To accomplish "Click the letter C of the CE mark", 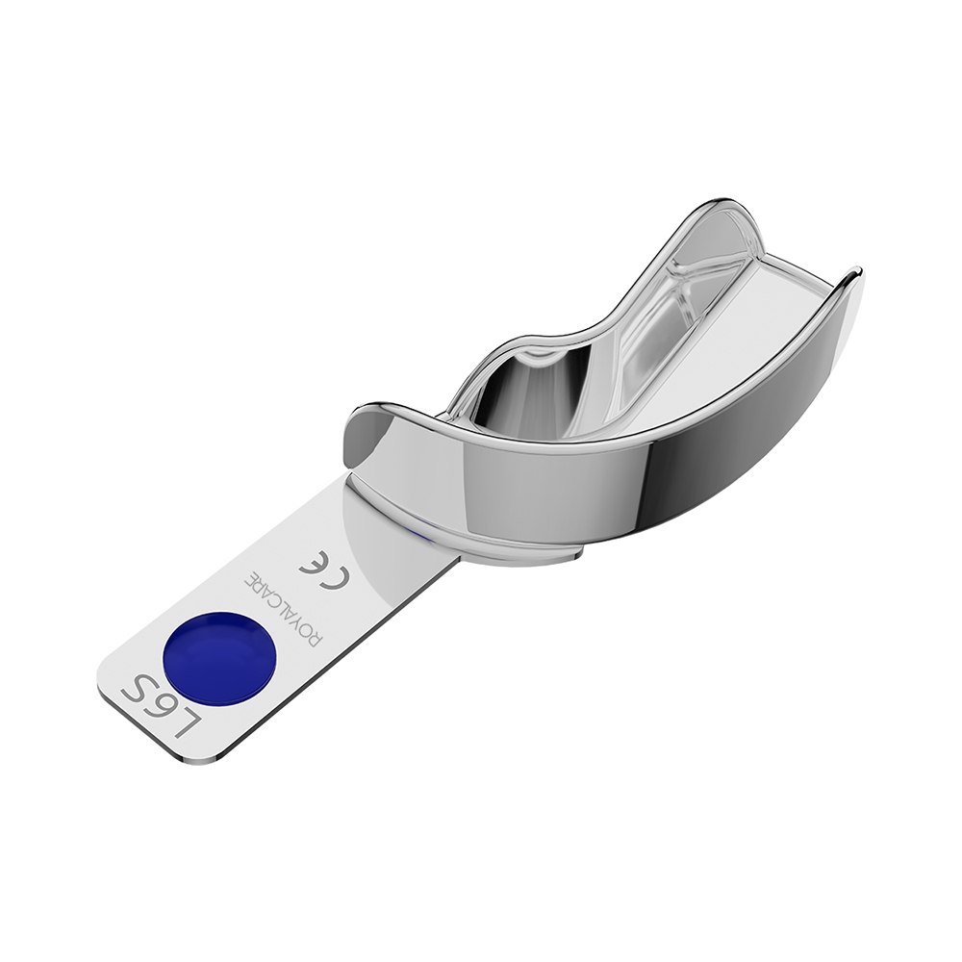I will [339, 573].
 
